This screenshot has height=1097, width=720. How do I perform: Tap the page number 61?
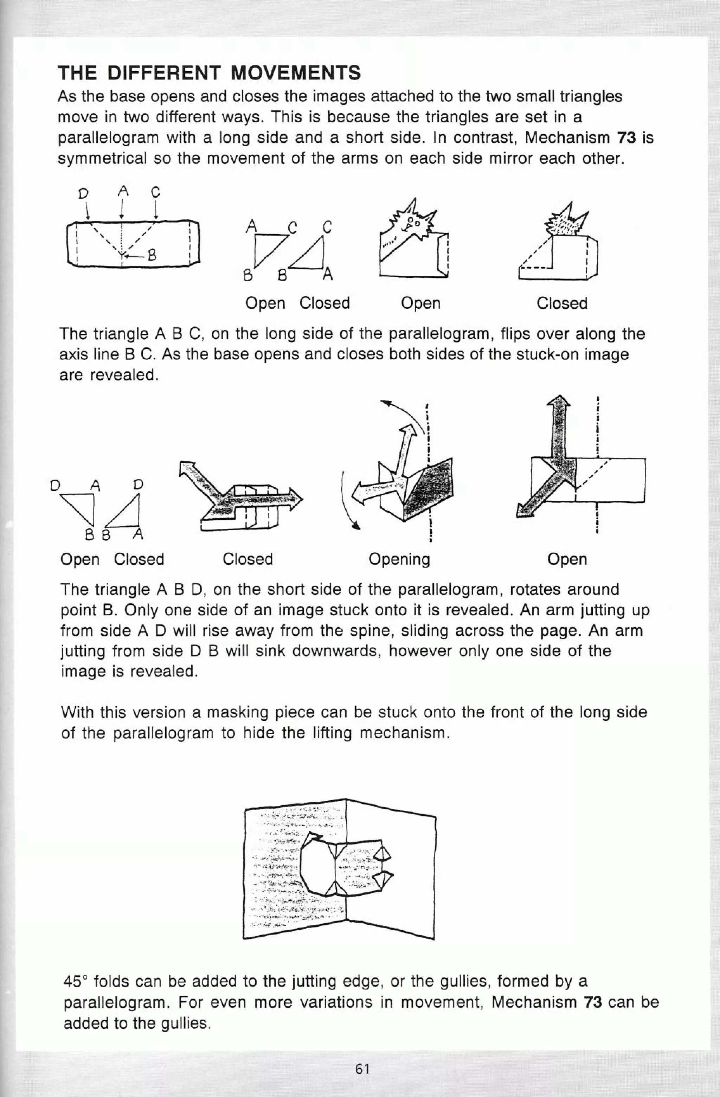pos(362,1069)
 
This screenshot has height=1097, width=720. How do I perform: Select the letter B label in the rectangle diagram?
pos(150,255)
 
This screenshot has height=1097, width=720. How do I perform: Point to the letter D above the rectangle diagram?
pos(83,193)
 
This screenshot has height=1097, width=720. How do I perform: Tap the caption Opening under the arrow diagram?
pos(399,559)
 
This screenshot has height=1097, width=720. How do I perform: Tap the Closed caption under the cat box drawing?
pos(561,303)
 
